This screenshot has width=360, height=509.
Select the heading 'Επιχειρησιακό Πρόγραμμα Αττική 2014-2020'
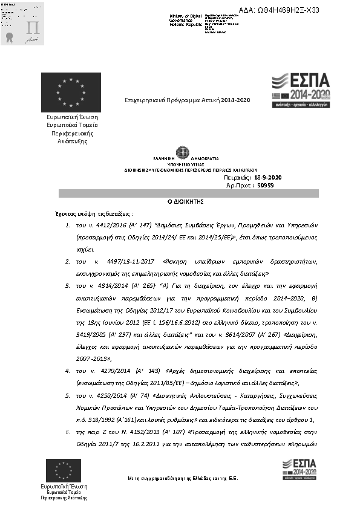[187, 100]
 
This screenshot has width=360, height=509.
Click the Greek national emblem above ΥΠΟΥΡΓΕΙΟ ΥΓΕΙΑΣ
[182, 152]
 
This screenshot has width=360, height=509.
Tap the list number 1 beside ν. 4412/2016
[67, 225]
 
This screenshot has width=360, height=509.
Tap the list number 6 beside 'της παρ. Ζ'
[67, 432]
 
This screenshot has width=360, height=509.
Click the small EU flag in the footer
[64, 470]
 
